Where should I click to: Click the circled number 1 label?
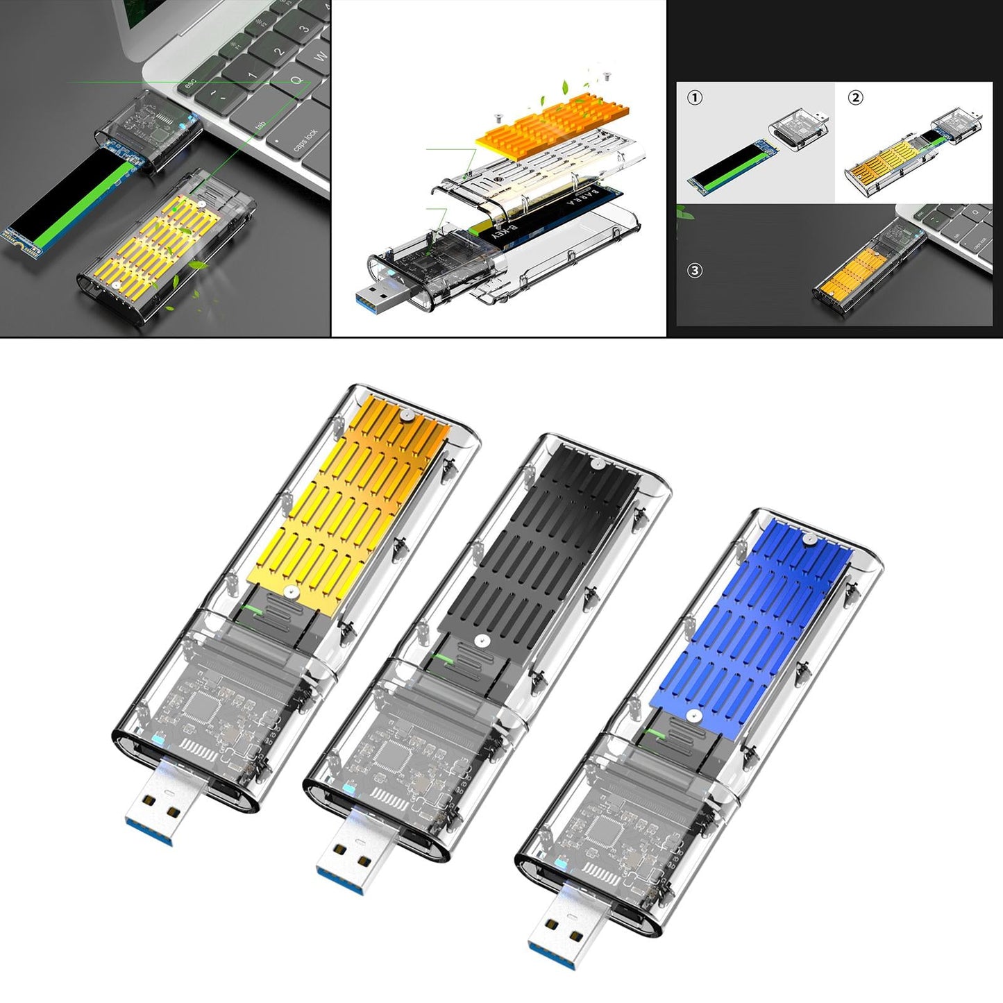point(695,98)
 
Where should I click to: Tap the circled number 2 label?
point(856,98)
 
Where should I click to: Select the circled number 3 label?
point(695,271)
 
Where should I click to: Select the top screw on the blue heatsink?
point(808,538)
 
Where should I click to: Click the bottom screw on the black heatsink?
point(479,642)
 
